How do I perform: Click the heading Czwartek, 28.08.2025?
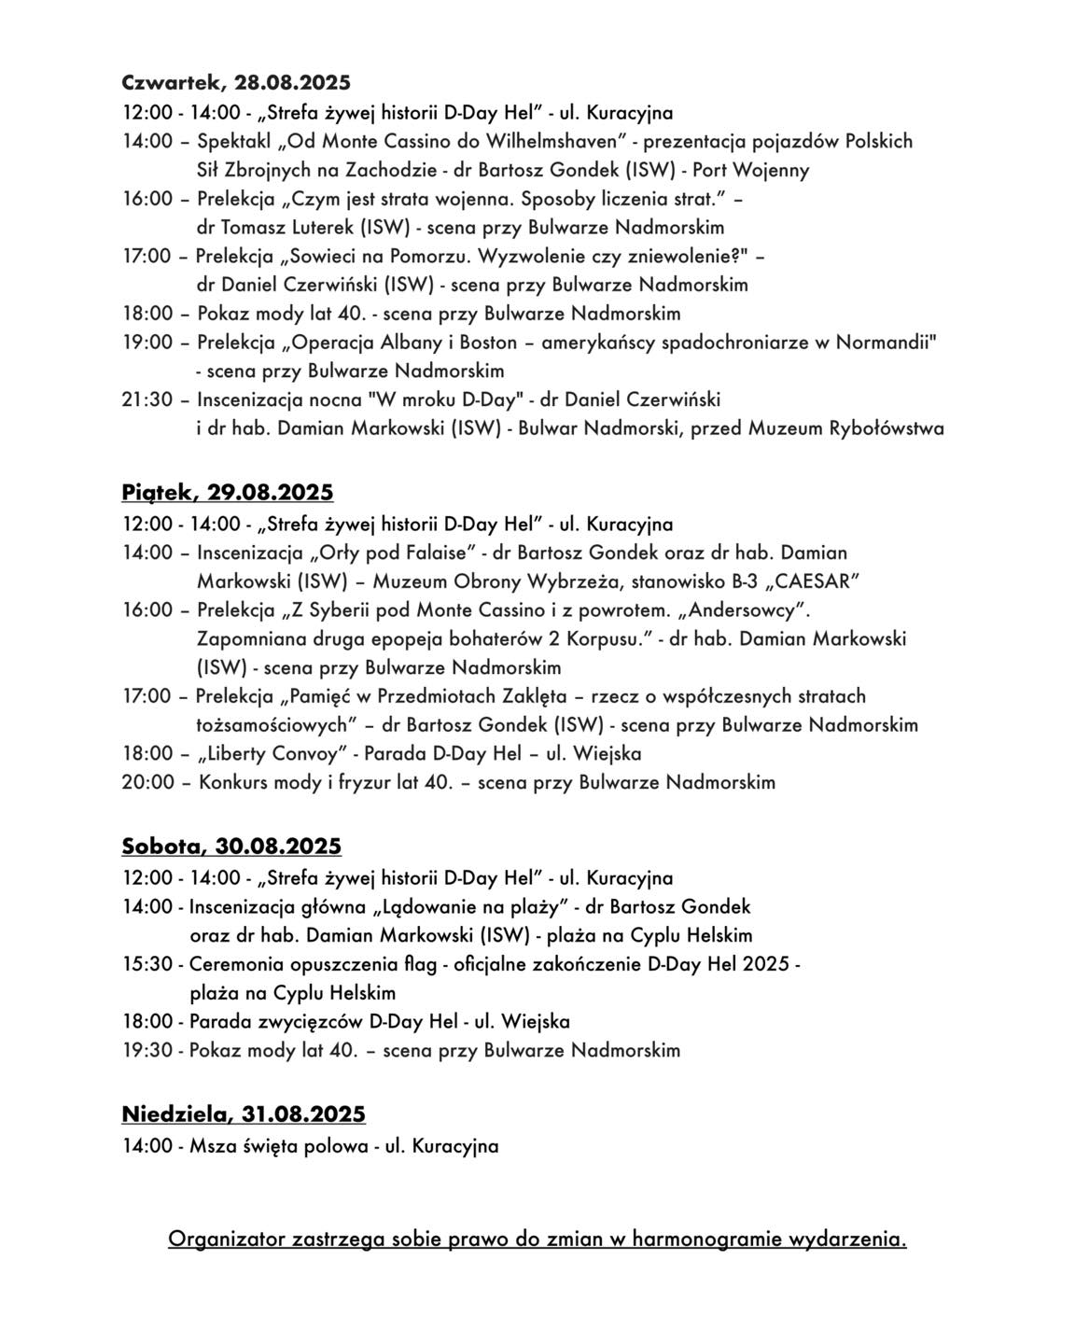235,82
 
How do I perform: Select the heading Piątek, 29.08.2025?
227,492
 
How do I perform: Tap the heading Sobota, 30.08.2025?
231,846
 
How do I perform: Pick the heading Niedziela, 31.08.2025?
244,1113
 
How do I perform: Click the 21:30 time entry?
147,399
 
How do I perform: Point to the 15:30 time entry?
147,964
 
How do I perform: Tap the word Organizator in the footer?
227,1239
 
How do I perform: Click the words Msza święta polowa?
278,1146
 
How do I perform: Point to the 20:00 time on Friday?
147,782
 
